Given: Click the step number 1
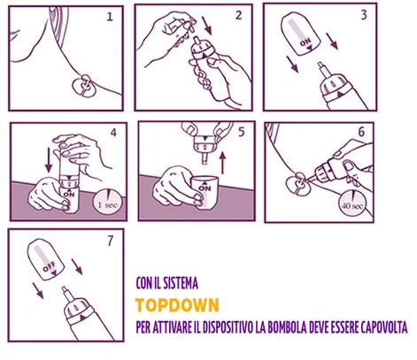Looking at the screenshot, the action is (x=110, y=17).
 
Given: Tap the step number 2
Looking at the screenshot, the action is (x=239, y=15).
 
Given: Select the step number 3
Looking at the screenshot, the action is (x=364, y=15).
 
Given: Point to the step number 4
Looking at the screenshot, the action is (x=113, y=133).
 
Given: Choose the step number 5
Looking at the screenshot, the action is (x=242, y=132).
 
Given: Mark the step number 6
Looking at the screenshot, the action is (x=361, y=133).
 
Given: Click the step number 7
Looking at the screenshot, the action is (x=110, y=241).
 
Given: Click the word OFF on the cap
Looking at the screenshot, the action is (x=50, y=266).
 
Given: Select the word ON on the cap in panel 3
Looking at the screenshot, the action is (x=305, y=42).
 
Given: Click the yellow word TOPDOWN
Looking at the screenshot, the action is (x=177, y=305).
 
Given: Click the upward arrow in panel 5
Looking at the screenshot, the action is (x=223, y=163).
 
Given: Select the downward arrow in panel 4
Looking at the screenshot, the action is (x=49, y=160).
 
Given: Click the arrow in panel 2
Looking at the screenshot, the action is (x=207, y=25).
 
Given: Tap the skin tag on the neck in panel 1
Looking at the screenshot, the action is (x=84, y=86).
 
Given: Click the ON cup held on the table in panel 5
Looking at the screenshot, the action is (x=205, y=191).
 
